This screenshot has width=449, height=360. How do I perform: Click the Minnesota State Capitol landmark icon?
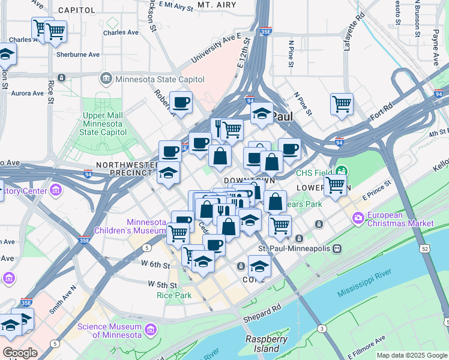click(106, 79)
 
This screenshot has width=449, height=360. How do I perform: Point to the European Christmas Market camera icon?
click(358, 217)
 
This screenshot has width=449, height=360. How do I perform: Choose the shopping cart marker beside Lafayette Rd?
click(342, 103)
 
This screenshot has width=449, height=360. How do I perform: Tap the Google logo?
click(20, 353)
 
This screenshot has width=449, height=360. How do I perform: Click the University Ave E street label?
click(212, 50)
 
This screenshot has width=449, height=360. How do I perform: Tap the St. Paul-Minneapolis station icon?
click(338, 248)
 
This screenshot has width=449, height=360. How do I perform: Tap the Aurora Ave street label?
click(27, 94)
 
